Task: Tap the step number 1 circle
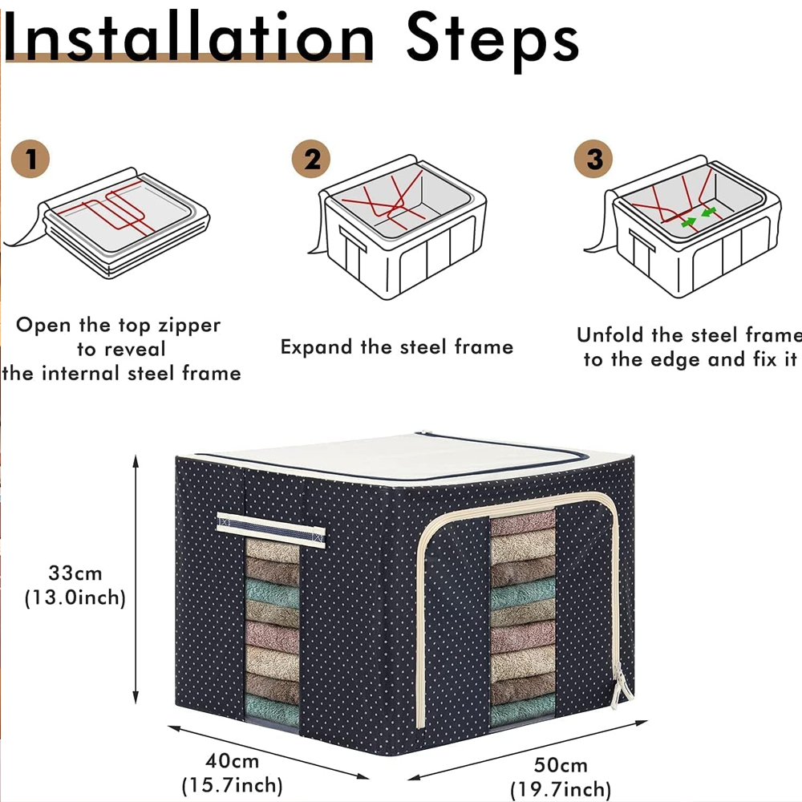tap(30, 158)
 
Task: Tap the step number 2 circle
tap(311, 158)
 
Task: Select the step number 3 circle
tap(594, 158)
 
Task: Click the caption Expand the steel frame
tap(396, 346)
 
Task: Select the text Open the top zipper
tap(118, 325)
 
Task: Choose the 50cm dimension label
tap(560, 765)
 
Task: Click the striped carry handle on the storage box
tap(270, 529)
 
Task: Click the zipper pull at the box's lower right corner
tap(618, 691)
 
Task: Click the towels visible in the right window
tap(522, 618)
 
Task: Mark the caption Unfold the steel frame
tap(688, 334)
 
